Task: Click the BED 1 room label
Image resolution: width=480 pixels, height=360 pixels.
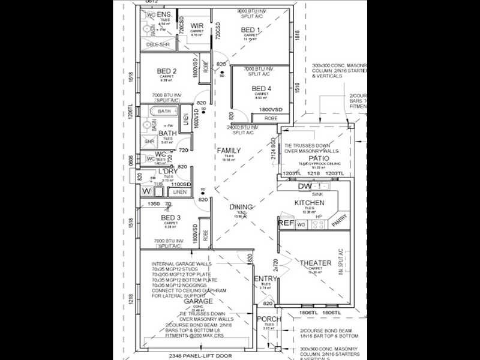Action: point(251,29)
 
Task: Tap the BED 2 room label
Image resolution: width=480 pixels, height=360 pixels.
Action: point(166,70)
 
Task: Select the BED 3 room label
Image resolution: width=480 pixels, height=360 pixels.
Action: point(171,217)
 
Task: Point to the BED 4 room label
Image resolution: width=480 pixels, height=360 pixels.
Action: point(262,89)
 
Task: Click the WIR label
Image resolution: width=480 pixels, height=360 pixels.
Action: point(196,25)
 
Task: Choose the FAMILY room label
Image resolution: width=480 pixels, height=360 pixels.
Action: point(229,151)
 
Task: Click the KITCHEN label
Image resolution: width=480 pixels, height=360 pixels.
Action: point(309,203)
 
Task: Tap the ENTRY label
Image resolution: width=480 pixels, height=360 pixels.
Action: point(265,279)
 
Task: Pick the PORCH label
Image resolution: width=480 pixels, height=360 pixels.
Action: point(269,319)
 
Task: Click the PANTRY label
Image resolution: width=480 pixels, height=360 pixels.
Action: point(338,221)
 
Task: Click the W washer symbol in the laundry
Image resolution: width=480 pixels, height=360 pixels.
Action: point(146,191)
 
